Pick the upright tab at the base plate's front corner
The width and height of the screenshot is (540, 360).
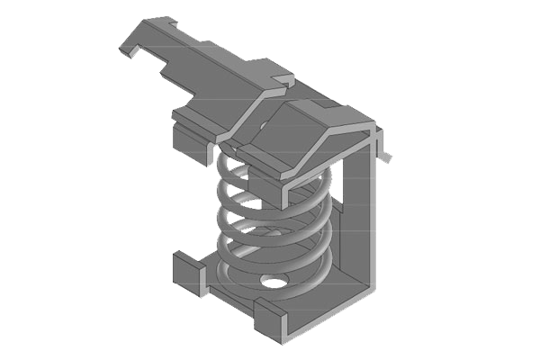(x=269, y=315)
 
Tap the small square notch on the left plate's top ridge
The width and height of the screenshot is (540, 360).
(x=283, y=80)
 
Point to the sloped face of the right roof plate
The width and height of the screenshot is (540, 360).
(x=306, y=153)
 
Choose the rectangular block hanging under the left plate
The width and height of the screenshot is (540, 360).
(x=186, y=137)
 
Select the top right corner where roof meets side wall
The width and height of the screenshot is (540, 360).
(x=373, y=130)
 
